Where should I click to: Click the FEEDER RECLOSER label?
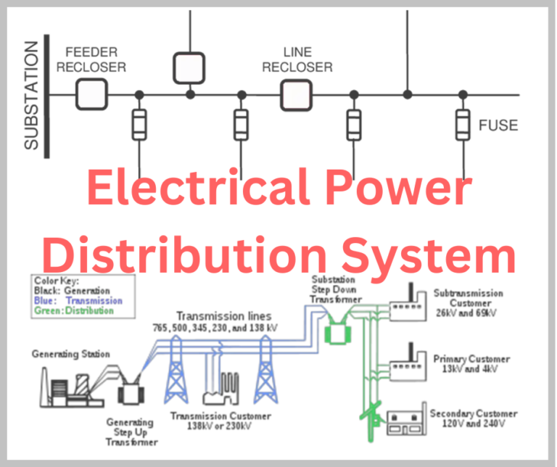pos(96,60)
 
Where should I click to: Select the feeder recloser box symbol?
pos(92,94)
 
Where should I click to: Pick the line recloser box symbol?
pos(297,94)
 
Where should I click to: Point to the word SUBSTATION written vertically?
pos(31,95)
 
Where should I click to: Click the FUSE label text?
pos(498,125)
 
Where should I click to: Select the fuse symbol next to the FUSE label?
pos(461,125)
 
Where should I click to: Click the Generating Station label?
pos(70,355)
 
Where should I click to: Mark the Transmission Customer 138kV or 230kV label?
pos(220,421)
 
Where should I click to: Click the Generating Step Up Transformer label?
pos(132,431)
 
